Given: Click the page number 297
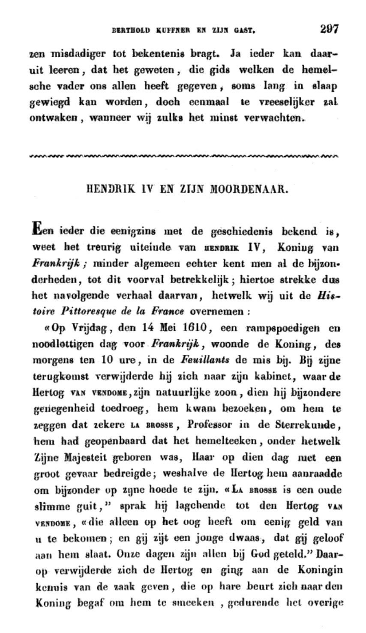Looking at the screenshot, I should coord(329,29).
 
